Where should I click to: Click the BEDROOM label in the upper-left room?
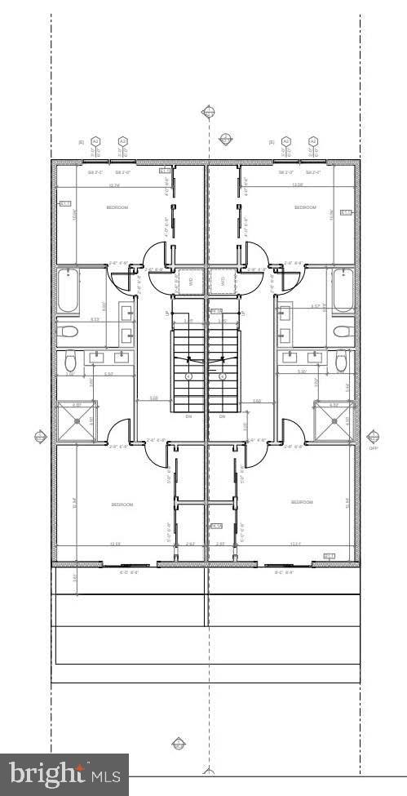point(117,208)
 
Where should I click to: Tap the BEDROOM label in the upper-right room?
point(305,208)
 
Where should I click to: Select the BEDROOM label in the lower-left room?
point(122,505)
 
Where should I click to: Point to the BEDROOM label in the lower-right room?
point(302,502)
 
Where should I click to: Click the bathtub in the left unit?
point(69,291)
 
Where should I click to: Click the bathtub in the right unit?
point(343,291)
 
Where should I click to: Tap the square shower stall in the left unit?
point(77,421)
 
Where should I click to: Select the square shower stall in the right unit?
point(334,421)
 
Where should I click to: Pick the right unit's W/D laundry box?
point(220,281)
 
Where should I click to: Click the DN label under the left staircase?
point(188,416)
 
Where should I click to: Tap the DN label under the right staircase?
point(222,416)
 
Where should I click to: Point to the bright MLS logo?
point(64,773)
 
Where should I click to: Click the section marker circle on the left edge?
point(40,438)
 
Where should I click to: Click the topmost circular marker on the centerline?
point(209,111)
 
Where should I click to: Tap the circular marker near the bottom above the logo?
point(179,744)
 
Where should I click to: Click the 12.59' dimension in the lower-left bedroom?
point(114,544)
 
